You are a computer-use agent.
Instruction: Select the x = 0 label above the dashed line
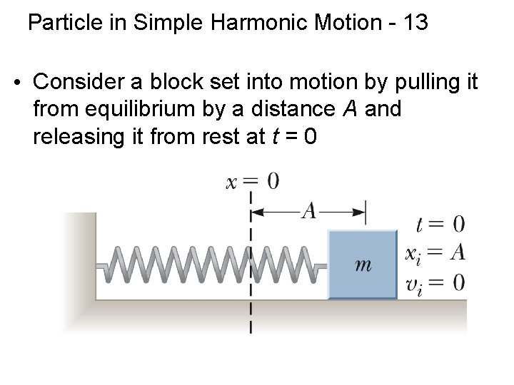click(x=252, y=181)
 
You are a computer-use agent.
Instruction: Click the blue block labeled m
click(x=362, y=264)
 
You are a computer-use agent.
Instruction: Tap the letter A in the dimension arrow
click(x=309, y=210)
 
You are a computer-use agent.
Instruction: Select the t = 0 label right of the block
click(x=440, y=224)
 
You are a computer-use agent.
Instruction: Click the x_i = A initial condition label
click(x=435, y=252)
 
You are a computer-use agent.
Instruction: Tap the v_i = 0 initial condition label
click(x=435, y=282)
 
